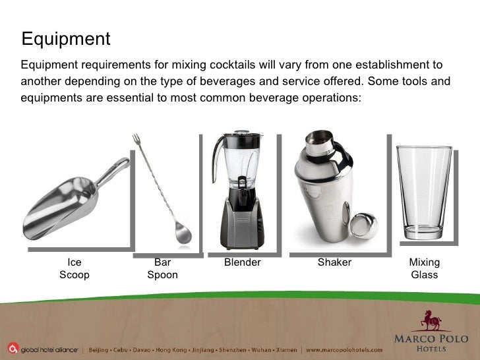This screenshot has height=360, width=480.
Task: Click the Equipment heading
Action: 66,39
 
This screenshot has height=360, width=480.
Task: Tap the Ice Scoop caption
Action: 75,268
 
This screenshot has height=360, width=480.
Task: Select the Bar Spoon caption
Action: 162,268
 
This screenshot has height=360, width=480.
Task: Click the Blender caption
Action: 243,262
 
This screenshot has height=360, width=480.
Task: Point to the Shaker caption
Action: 334,262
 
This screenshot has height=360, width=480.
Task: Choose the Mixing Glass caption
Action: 425,268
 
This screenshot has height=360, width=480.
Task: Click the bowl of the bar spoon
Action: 182,234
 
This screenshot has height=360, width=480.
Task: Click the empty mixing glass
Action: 424,191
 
